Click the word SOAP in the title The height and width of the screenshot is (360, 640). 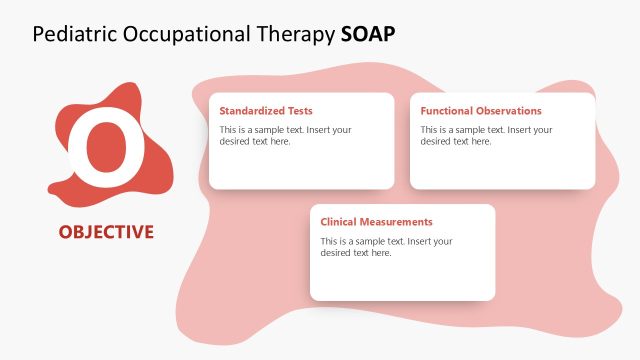pyautogui.click(x=367, y=33)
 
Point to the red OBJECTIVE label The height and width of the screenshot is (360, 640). pyautogui.click(x=106, y=232)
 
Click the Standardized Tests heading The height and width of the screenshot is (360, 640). pyautogui.click(x=266, y=111)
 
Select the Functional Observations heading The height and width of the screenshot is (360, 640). pyautogui.click(x=481, y=111)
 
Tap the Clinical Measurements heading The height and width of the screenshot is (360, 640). pyautogui.click(x=376, y=222)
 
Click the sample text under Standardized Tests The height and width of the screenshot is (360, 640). pyautogui.click(x=285, y=136)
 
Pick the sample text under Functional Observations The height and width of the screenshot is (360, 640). pyautogui.click(x=486, y=136)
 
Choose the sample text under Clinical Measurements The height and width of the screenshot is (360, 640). pyautogui.click(x=386, y=247)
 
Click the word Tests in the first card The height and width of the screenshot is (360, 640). pyautogui.click(x=298, y=111)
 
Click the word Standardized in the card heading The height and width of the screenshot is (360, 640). pyautogui.click(x=250, y=111)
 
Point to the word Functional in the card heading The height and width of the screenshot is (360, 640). pyautogui.click(x=444, y=111)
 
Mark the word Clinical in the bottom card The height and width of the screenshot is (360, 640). pyautogui.click(x=338, y=222)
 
